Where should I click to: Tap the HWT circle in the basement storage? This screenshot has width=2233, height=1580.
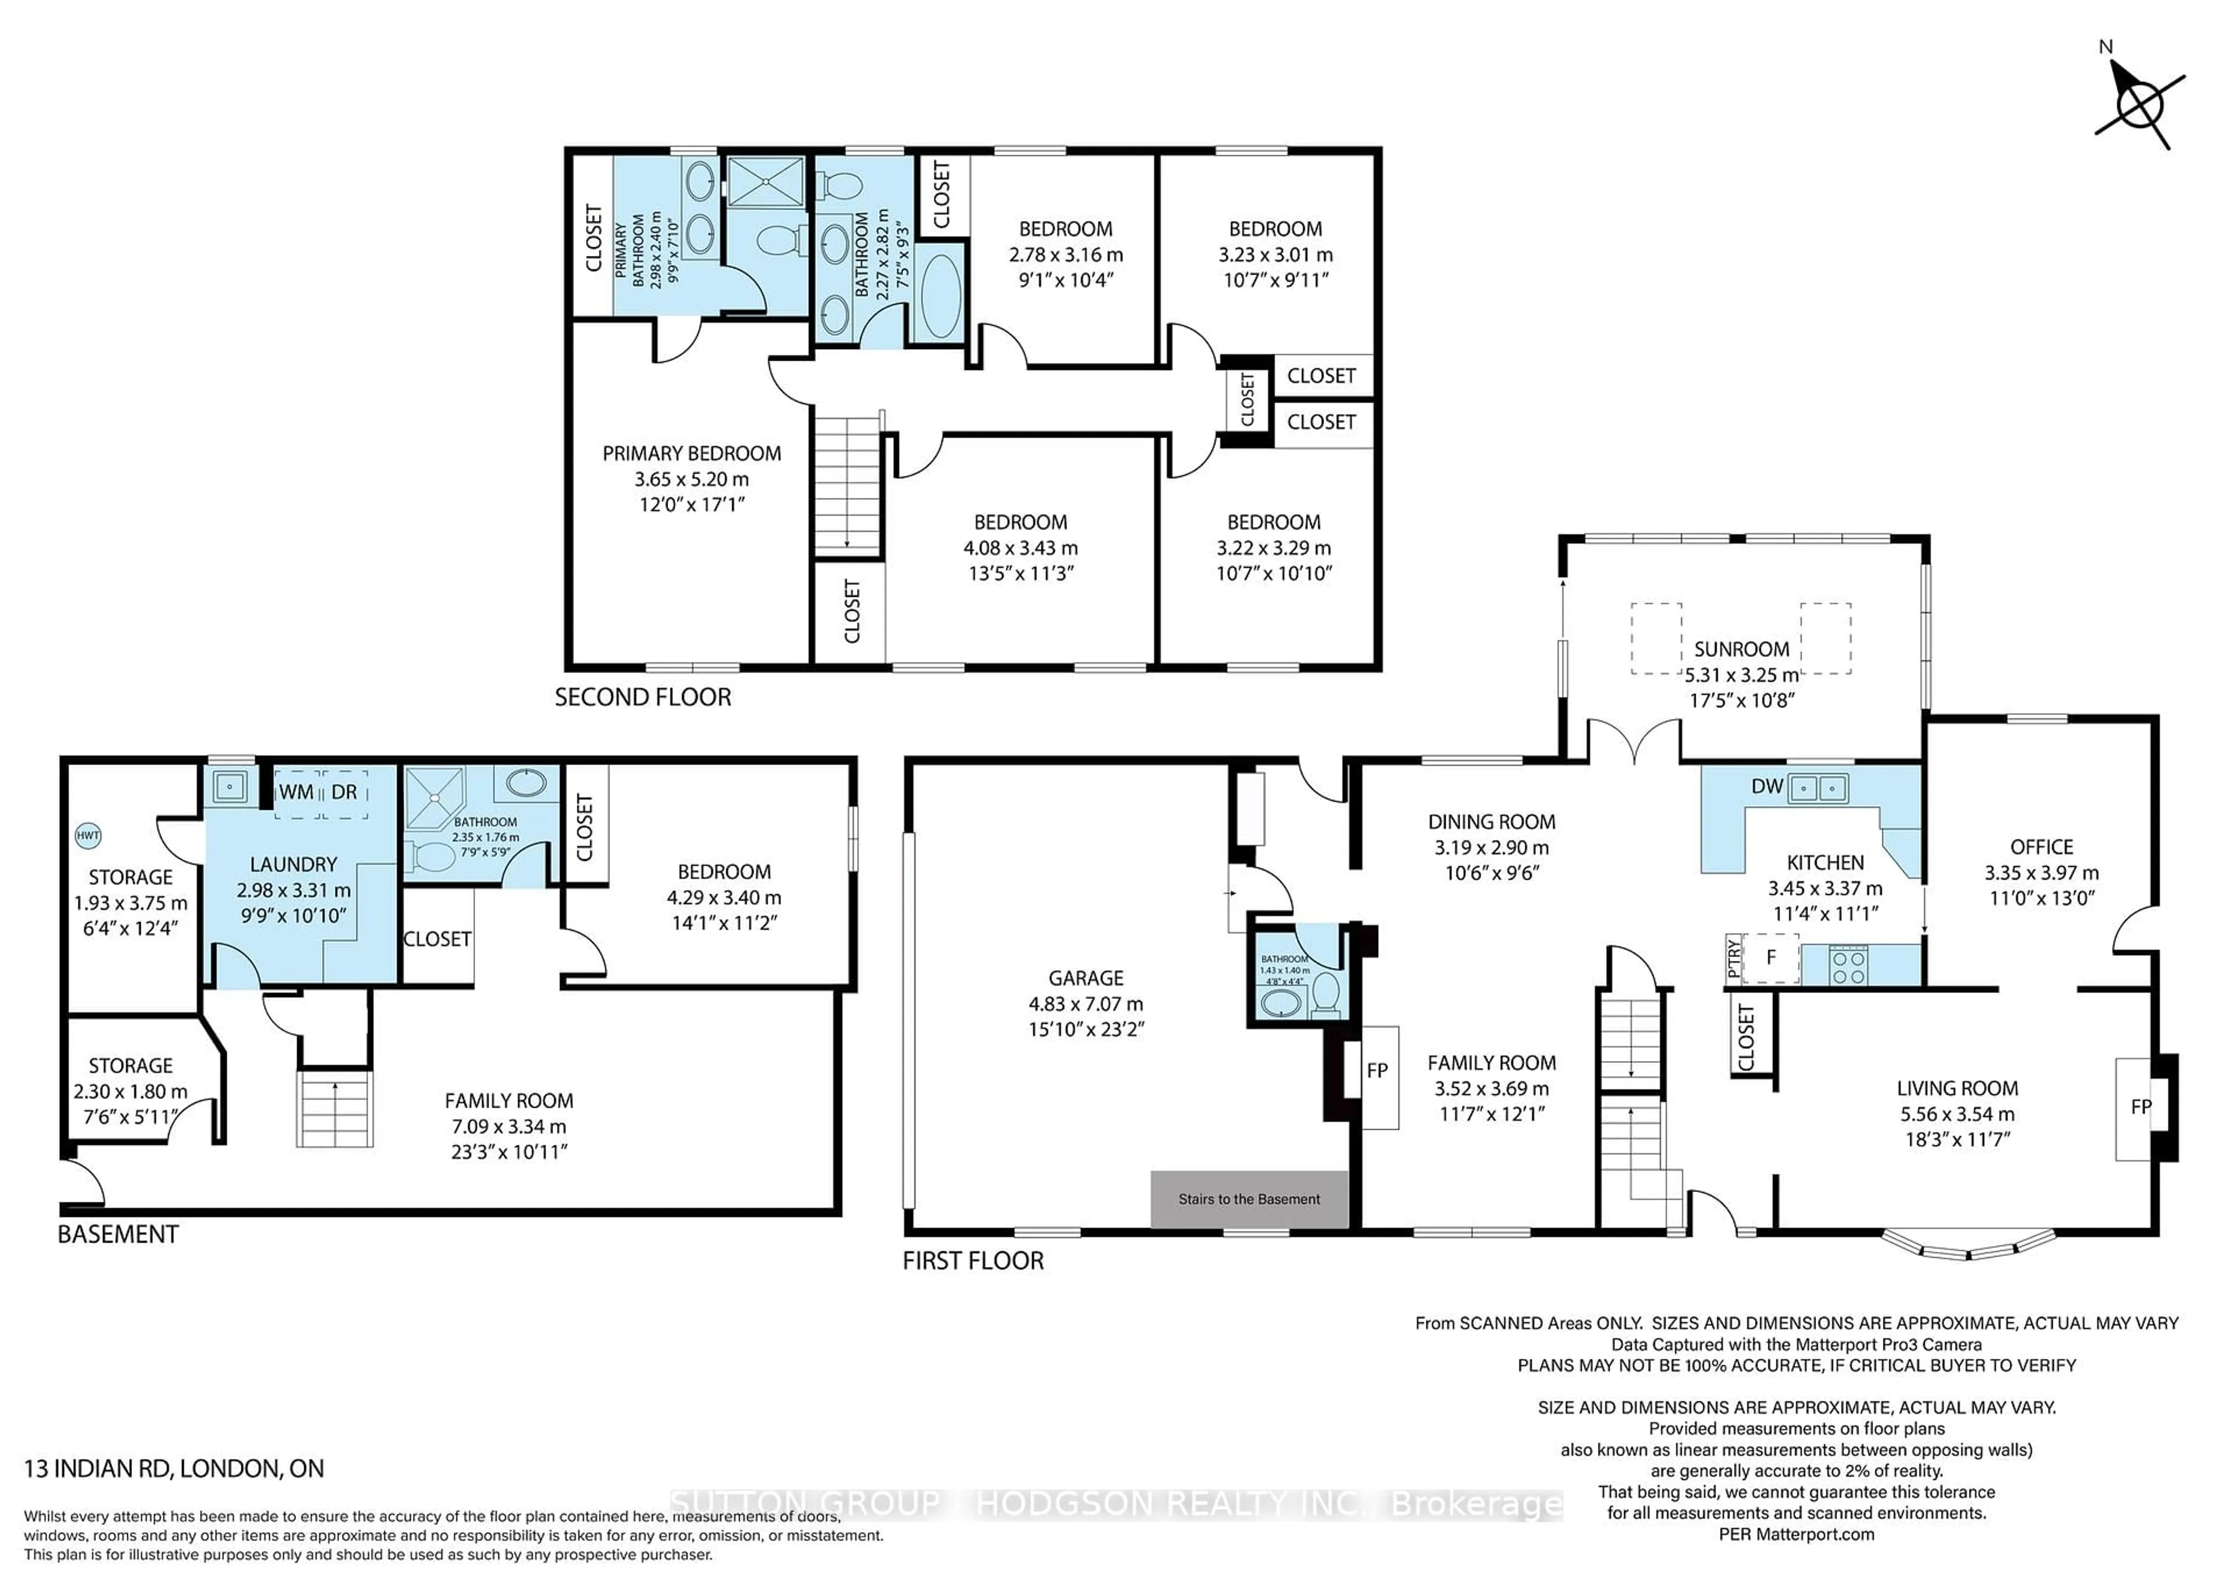[x=88, y=835]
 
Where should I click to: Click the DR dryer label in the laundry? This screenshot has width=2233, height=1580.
[x=344, y=792]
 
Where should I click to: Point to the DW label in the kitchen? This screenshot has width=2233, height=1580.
[x=1765, y=786]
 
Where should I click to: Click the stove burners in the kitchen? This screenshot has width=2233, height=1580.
[x=1848, y=965]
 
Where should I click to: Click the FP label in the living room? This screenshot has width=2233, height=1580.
[x=2141, y=1106]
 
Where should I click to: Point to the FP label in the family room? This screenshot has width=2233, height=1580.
[x=1376, y=1070]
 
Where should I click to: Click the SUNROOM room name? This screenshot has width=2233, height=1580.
[x=1741, y=649]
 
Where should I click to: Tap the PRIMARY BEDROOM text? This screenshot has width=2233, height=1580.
[x=691, y=453]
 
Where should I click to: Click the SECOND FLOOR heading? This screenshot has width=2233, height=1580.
[x=643, y=698]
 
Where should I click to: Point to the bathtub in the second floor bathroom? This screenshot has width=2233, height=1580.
[x=940, y=295]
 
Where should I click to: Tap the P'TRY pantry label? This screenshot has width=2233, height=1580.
[x=1732, y=958]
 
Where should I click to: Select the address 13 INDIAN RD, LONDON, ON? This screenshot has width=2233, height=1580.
[x=174, y=1468]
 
